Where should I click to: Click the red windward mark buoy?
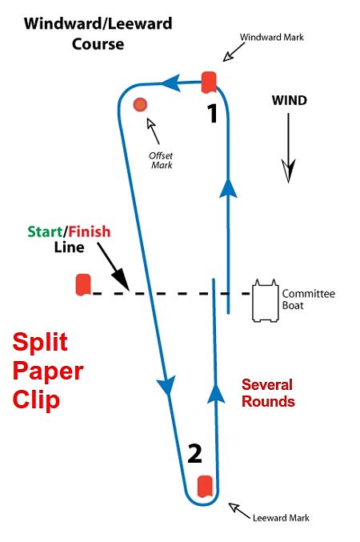click(x=209, y=82)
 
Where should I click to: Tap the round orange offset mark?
click(x=140, y=104)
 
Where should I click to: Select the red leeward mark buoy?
click(x=205, y=487)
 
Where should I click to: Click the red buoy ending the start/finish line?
click(x=83, y=285)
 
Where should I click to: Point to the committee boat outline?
click(x=266, y=300)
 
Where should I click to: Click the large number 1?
click(x=212, y=114)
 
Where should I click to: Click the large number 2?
click(x=194, y=454)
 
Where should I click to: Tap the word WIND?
click(x=290, y=101)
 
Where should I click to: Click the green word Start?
click(x=45, y=231)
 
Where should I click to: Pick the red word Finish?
click(x=90, y=231)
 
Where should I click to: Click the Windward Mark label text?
click(x=272, y=37)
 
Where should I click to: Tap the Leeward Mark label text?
click(x=281, y=517)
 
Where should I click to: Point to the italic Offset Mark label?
click(x=161, y=160)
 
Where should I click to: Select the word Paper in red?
click(x=48, y=372)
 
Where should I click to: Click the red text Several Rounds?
click(x=268, y=393)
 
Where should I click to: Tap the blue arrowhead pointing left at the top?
click(x=171, y=83)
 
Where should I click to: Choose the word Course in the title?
click(x=98, y=44)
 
